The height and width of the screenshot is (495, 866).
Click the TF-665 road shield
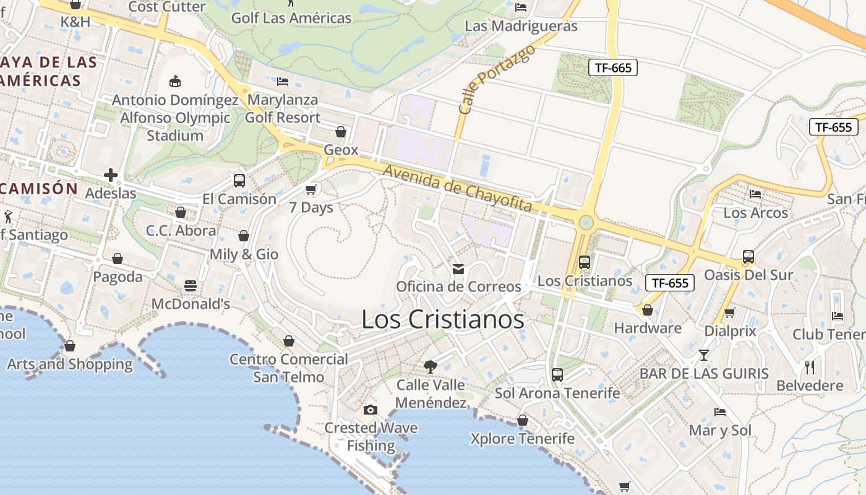[612, 67]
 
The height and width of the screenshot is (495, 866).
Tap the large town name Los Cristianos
[442, 320]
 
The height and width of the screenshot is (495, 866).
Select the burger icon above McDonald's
[191, 286]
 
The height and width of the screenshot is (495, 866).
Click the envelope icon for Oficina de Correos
[458, 269]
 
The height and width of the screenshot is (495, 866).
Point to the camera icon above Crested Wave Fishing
[371, 410]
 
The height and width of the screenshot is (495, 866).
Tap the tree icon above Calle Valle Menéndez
[430, 366]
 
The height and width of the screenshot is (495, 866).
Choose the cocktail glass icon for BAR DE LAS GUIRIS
[704, 355]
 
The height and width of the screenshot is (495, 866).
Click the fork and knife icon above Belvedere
[810, 367]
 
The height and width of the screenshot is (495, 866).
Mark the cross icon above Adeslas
[111, 175]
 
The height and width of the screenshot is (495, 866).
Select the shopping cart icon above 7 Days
[311, 189]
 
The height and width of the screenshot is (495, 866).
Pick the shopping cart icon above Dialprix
[730, 313]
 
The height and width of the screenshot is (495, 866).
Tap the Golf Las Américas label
[291, 18]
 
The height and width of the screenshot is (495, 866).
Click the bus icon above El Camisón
[239, 181]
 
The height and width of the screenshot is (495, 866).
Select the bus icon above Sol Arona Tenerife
[557, 374]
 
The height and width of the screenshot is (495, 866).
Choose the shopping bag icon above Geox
[341, 132]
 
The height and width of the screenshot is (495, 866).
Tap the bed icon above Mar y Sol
[719, 411]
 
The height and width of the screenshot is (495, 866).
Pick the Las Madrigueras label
[521, 26]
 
